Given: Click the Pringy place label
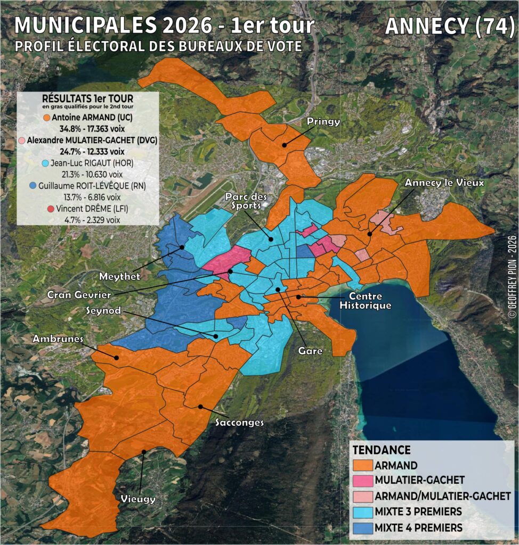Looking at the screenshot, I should (x=323, y=121).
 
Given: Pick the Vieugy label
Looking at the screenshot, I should (x=138, y=499).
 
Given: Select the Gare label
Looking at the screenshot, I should (x=311, y=351).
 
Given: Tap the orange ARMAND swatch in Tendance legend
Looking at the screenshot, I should (x=363, y=465).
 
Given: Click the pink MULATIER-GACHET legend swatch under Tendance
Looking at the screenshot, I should (x=363, y=481).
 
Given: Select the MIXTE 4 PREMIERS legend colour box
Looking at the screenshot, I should (x=363, y=528).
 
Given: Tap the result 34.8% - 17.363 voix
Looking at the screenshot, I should (x=88, y=128).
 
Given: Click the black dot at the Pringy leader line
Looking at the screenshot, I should (x=285, y=144).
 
